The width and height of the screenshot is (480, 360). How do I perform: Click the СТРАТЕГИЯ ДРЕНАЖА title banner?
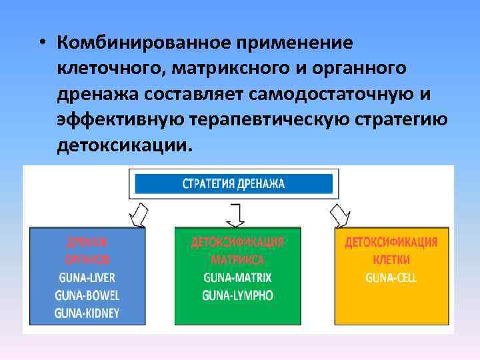(x=233, y=184)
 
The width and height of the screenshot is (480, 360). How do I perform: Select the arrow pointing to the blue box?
(x=139, y=215)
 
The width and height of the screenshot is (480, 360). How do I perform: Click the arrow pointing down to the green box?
(x=235, y=215)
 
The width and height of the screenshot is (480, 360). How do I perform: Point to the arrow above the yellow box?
(x=339, y=215)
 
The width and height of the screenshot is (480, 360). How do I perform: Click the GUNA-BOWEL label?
(x=87, y=295)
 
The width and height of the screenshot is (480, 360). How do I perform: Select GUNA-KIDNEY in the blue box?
(x=87, y=313)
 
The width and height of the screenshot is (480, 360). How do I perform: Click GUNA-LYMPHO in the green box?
(x=237, y=295)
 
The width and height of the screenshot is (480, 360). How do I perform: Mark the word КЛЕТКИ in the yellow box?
(x=391, y=260)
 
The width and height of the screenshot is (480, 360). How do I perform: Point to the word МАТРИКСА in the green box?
(x=237, y=260)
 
